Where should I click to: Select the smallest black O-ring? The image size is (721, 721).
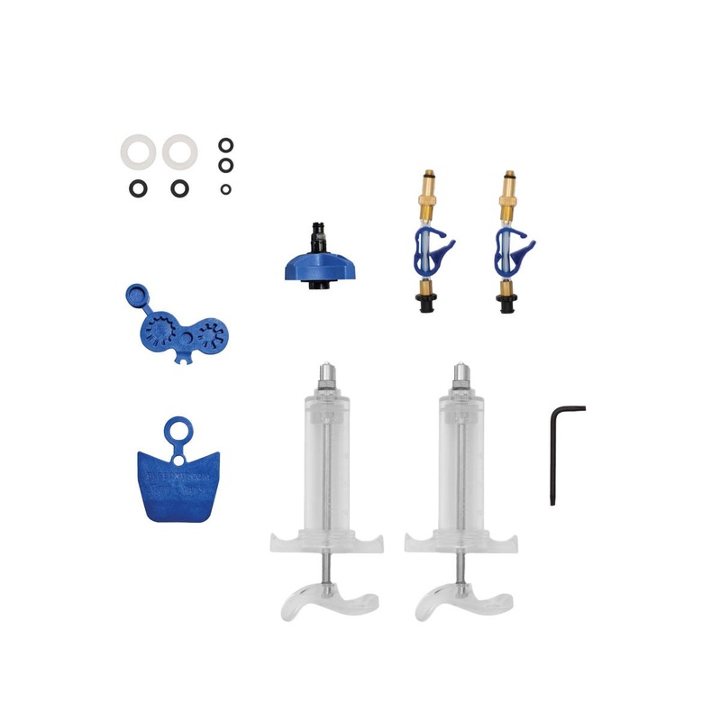pyautogui.click(x=225, y=189)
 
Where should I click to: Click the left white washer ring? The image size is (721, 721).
pyautogui.click(x=137, y=151)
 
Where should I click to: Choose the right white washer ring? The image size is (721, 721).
pyautogui.click(x=180, y=151)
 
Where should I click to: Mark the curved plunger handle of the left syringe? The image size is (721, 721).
pyautogui.click(x=328, y=602)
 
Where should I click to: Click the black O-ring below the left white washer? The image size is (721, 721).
pyautogui.click(x=137, y=189)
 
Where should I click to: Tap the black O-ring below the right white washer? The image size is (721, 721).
pyautogui.click(x=180, y=189)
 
